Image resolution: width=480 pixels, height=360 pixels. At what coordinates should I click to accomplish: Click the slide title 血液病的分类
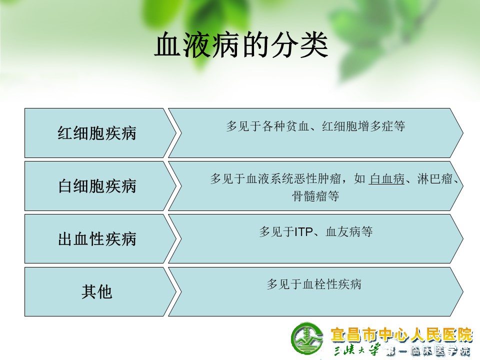(x=241, y=45)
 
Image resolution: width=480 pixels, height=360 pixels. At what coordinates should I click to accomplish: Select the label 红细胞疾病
(x=96, y=133)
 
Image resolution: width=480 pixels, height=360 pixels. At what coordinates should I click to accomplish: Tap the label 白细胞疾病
(x=96, y=186)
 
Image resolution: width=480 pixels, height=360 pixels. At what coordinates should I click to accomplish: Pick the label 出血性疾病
(x=96, y=239)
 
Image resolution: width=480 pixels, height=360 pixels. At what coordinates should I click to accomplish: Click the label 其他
(x=96, y=291)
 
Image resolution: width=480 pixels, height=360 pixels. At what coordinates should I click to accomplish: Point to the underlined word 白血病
(x=386, y=179)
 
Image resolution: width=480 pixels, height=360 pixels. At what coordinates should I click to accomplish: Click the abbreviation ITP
(x=303, y=232)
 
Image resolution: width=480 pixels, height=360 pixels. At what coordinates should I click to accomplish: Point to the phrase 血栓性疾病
(x=332, y=284)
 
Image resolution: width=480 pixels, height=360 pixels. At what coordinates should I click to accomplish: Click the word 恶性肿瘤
(x=317, y=179)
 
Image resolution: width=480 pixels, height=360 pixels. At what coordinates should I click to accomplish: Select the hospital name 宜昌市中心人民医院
(x=401, y=334)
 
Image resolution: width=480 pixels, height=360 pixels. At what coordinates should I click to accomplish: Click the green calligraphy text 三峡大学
(x=357, y=349)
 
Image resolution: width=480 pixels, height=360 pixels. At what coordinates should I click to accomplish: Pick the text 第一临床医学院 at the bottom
(x=428, y=351)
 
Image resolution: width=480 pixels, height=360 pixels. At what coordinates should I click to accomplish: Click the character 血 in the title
(x=168, y=45)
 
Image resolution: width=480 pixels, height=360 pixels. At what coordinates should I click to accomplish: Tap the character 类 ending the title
(x=314, y=45)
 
